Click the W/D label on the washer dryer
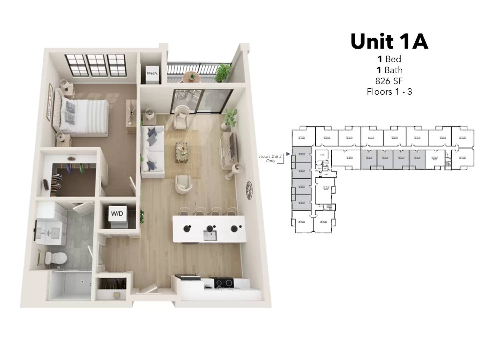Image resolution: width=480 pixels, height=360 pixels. (x=117, y=213)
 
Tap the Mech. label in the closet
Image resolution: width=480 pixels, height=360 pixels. (x=152, y=73)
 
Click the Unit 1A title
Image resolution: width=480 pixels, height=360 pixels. (x=389, y=41)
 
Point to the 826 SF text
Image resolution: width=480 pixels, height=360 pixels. (x=389, y=81)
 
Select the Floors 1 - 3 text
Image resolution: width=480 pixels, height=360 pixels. (x=389, y=92)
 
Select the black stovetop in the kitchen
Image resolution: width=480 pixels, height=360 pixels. (x=224, y=283)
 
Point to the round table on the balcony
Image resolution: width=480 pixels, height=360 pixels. (x=192, y=76)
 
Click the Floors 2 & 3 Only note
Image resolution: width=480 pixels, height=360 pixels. (x=270, y=158)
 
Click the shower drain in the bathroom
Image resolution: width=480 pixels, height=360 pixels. (x=82, y=282)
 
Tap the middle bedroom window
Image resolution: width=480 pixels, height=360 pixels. (x=96, y=65)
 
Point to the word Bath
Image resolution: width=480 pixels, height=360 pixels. (x=393, y=70)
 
